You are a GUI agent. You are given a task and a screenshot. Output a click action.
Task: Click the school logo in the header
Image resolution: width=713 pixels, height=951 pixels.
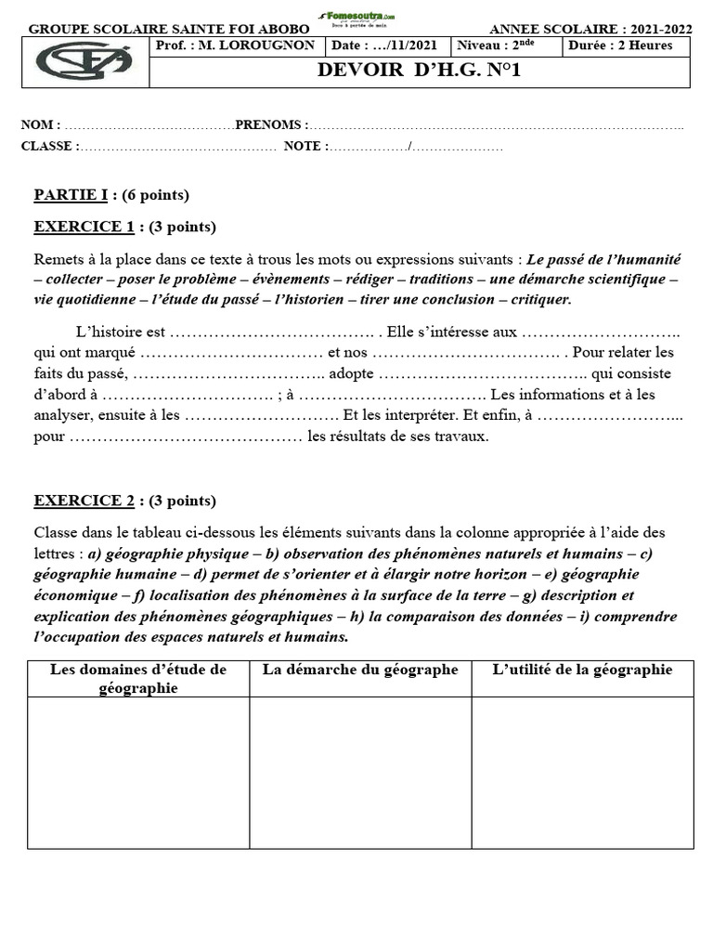(x=84, y=61)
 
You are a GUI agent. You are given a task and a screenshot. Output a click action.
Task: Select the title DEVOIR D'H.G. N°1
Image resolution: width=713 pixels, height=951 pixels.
(x=419, y=71)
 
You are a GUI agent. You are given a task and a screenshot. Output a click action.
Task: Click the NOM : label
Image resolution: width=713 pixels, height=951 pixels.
(x=41, y=124)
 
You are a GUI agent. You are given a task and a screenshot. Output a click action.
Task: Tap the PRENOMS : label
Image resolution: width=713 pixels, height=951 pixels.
(x=271, y=124)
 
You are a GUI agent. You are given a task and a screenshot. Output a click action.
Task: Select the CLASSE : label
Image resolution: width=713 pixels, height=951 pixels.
(x=50, y=146)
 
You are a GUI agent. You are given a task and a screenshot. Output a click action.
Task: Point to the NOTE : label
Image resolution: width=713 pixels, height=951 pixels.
(x=305, y=146)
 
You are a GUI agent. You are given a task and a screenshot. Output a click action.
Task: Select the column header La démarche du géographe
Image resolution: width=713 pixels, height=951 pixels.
(x=360, y=670)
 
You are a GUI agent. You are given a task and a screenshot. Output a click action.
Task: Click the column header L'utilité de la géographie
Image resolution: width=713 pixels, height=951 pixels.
(x=582, y=670)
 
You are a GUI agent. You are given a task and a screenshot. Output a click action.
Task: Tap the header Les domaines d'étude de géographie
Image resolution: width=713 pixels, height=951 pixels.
(x=138, y=678)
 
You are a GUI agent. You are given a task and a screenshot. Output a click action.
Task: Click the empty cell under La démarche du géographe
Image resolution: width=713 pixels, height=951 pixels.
(x=360, y=772)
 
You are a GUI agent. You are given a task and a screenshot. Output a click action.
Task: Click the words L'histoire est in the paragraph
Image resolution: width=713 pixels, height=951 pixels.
(x=120, y=332)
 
